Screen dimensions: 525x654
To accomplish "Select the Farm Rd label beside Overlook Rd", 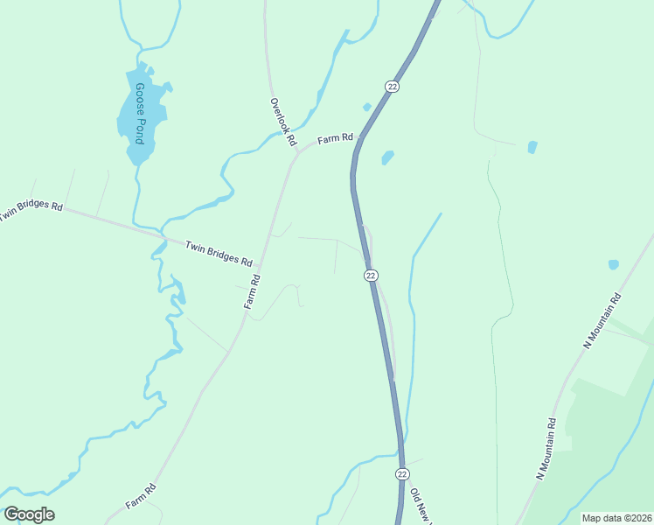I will (335, 138).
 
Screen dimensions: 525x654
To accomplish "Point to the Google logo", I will (29, 514).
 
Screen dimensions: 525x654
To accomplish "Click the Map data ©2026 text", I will (616, 518).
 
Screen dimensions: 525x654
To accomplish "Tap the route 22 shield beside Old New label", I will (401, 473).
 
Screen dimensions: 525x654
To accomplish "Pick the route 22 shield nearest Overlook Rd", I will (391, 85).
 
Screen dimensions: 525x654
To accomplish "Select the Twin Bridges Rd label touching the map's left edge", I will (31, 211).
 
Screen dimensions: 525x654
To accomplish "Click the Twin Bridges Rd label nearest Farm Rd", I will (219, 254).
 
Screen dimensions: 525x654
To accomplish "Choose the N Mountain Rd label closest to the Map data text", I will (546, 448).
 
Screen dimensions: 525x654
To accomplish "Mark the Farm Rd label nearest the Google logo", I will (141, 496).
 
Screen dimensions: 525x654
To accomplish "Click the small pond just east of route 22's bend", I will (386, 157).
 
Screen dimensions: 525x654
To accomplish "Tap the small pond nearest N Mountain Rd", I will (613, 263).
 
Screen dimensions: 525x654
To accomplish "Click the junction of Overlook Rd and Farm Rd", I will (296, 150).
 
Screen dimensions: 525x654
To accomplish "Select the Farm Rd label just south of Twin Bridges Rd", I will (252, 292).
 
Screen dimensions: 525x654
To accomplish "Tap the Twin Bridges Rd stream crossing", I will (163, 237).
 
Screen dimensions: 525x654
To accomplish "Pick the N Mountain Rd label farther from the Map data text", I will (602, 320).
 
